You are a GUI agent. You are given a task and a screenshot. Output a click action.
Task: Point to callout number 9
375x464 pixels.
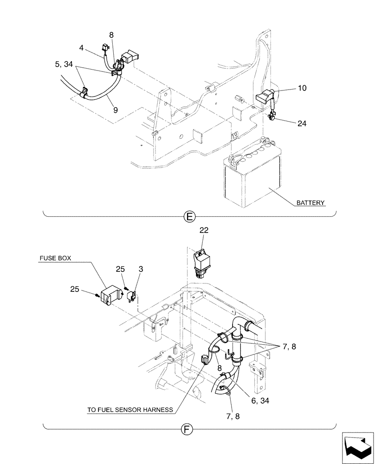click(115, 110)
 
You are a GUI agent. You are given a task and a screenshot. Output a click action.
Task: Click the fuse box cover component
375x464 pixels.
click(110, 296)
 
